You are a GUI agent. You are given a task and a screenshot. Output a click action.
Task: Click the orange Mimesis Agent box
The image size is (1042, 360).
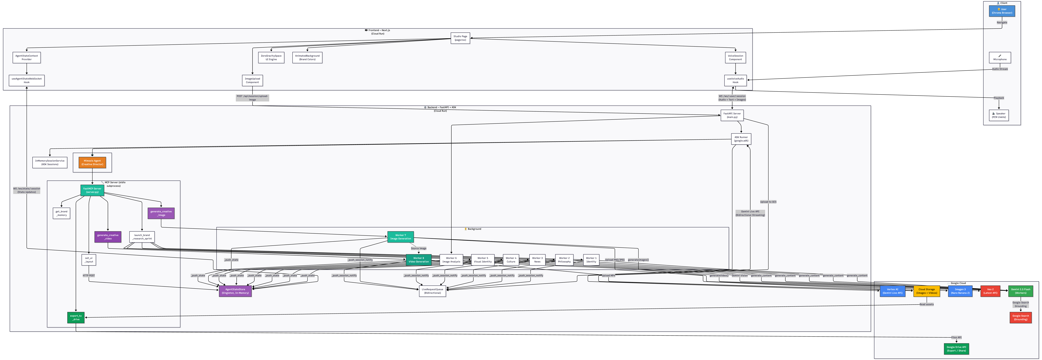click(x=92, y=163)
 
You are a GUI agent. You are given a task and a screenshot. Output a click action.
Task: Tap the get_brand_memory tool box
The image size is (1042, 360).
click(x=61, y=213)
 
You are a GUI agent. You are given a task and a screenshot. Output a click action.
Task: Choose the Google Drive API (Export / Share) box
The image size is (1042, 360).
click(x=956, y=349)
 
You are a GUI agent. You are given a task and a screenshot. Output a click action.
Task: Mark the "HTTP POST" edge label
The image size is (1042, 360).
click(x=89, y=275)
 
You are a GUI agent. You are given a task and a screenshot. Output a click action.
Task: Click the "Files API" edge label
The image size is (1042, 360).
click(x=956, y=337)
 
